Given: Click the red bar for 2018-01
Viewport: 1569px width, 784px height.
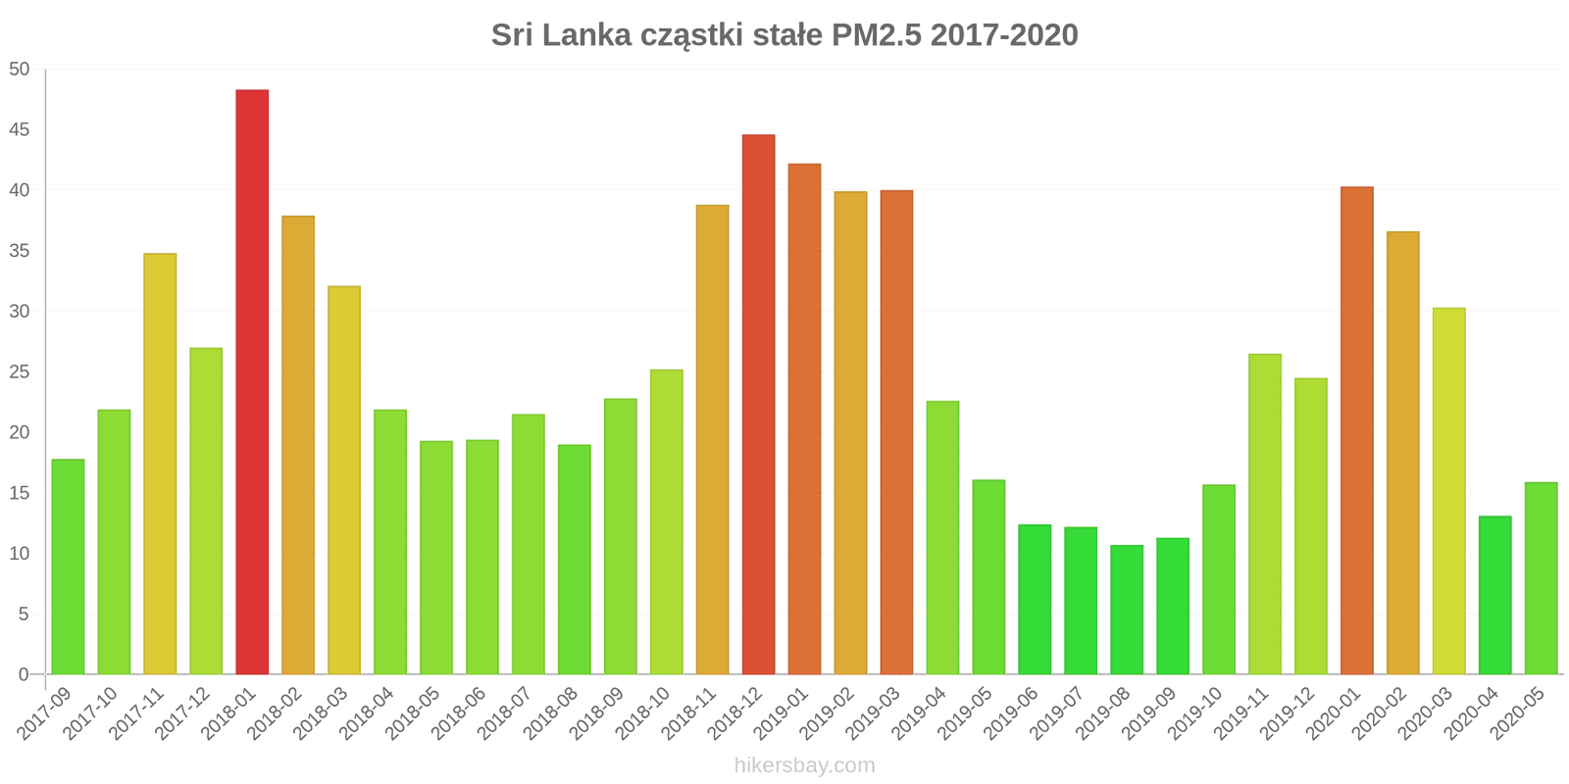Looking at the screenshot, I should [252, 382].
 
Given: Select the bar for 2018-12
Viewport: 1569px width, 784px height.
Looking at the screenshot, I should [758, 404].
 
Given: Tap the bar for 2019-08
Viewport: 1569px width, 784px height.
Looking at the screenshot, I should [1127, 610].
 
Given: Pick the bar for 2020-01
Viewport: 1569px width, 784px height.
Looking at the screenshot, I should [1357, 430].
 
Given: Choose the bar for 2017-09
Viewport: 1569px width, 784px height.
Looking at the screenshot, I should [68, 566].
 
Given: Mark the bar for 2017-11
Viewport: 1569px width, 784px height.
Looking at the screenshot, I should [160, 464].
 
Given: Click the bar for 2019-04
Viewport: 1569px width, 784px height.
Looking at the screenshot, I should [942, 537].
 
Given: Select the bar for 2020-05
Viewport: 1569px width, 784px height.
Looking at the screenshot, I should [1541, 578].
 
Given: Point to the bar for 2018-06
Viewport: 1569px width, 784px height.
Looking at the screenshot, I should [482, 557].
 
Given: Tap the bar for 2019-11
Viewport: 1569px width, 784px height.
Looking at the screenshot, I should [1265, 514].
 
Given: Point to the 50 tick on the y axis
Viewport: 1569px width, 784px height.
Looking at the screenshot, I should [20, 70].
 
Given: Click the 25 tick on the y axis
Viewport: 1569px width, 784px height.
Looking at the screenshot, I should [20, 372].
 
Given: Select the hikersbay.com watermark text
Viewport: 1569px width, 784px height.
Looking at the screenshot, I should [804, 765].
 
